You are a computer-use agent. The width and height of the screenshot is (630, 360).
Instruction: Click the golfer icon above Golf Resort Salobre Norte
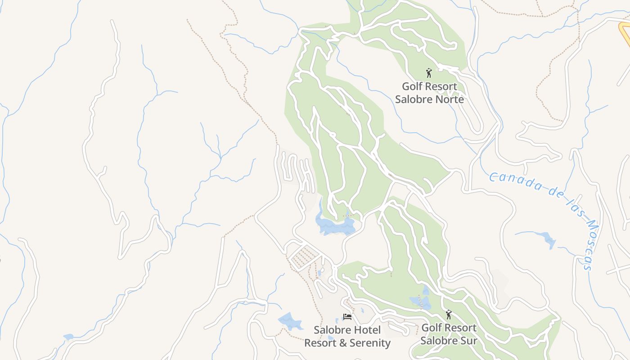tap(429, 72)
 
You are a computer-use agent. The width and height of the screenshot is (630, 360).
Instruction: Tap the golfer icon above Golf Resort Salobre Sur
tap(448, 314)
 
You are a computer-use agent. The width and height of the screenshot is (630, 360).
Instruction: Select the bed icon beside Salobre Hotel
tap(347, 317)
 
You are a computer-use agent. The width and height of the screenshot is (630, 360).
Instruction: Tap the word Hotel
tap(366, 330)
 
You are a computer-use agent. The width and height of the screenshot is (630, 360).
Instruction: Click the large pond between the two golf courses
tap(335, 225)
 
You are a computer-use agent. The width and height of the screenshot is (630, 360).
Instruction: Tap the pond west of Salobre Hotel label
tap(290, 321)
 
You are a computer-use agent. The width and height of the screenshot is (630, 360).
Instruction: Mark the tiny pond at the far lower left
tap(68, 337)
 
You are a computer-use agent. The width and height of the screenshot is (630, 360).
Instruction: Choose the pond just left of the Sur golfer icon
tap(420, 301)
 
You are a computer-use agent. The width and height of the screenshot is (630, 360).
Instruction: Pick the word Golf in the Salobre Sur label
tap(431, 328)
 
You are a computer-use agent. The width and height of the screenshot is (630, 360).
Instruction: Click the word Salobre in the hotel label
tap(331, 330)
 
